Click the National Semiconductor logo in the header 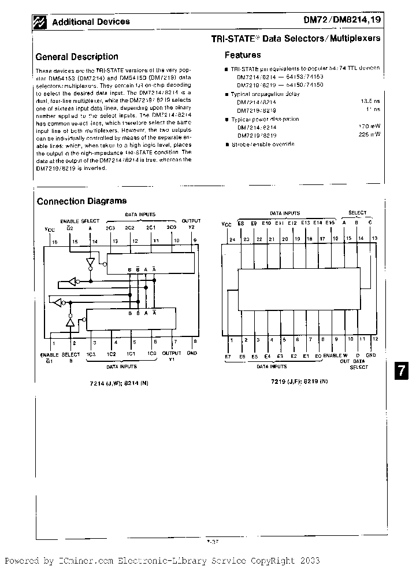40,22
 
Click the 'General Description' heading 77,57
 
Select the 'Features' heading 243,55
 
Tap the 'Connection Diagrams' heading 81,201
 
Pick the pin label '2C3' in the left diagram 111,228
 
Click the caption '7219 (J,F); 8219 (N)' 299,381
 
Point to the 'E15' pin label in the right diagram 330,223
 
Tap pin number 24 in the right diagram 233,239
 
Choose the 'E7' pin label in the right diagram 228,356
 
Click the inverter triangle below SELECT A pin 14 90,261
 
